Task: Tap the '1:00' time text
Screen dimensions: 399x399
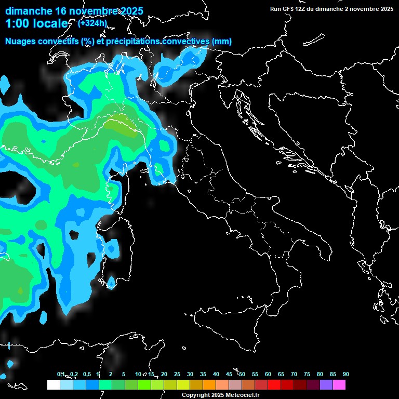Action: coord(17,23)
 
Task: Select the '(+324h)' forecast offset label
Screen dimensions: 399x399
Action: coord(92,23)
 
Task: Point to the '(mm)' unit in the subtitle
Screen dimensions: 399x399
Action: coord(221,42)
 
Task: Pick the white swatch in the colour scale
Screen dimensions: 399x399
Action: coord(53,385)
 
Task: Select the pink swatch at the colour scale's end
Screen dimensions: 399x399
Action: coord(339,385)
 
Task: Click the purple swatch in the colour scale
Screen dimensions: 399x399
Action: coord(326,385)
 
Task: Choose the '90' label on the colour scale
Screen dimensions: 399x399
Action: coord(345,374)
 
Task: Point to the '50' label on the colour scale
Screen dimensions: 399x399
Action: coord(242,374)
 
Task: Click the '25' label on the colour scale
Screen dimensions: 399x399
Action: coord(177,374)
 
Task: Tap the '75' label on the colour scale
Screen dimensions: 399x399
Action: coord(307,374)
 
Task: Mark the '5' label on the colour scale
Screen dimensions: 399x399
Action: coord(124,374)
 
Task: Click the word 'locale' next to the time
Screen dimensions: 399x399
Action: coord(51,23)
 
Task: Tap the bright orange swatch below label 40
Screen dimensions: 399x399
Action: coord(209,385)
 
